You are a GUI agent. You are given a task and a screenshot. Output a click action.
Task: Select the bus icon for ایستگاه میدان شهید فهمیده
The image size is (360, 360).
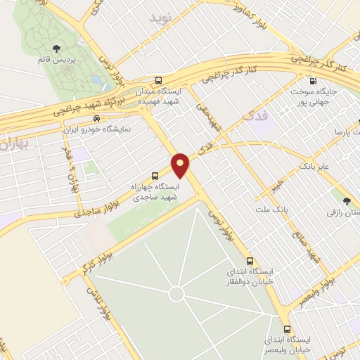159,81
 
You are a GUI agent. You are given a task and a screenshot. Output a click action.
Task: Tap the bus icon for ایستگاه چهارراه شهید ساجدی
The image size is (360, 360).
155,176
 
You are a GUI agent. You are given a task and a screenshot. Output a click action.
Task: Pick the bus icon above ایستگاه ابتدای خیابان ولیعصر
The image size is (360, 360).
286,328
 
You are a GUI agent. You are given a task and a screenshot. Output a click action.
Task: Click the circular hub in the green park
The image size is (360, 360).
176,293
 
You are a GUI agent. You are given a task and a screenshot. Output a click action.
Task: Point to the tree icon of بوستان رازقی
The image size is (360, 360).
345,201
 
